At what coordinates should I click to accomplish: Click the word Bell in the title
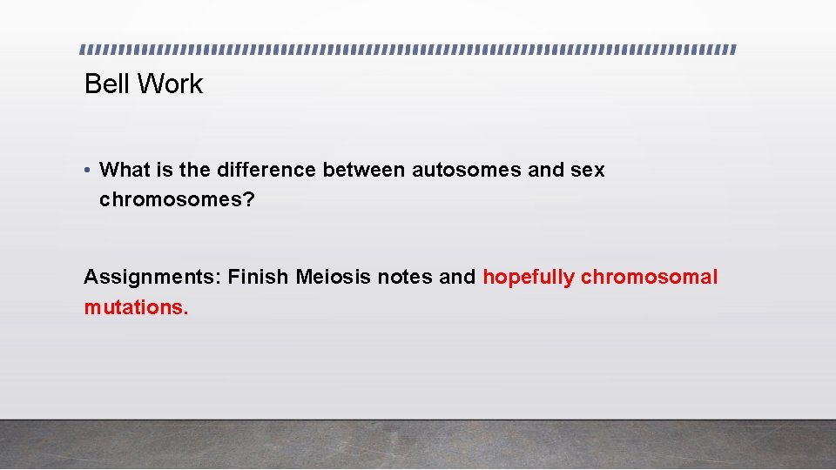click(107, 84)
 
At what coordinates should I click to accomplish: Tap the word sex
click(589, 171)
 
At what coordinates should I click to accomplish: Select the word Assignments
click(152, 278)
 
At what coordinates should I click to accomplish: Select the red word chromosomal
click(649, 278)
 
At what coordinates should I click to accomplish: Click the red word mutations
click(135, 307)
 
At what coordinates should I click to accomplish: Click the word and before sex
click(547, 171)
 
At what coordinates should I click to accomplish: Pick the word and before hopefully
click(458, 278)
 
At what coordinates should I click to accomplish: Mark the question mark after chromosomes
click(249, 200)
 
